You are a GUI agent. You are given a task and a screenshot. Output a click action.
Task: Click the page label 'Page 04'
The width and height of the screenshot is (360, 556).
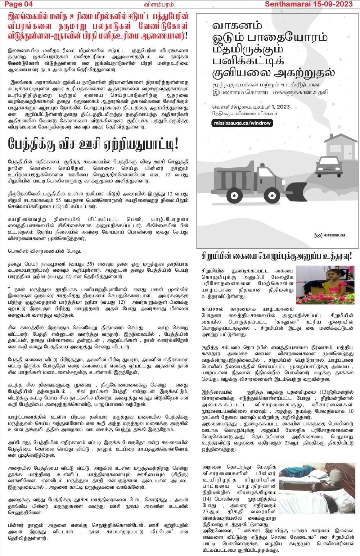pyautogui.click(x=18, y=4)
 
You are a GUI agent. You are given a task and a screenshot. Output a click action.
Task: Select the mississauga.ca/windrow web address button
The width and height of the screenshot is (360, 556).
pyautogui.click(x=242, y=123)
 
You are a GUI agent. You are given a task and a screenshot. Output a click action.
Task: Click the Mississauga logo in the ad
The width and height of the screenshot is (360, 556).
pyautogui.click(x=330, y=235)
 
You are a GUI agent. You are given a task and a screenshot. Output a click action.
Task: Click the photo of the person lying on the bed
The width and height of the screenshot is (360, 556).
pyautogui.click(x=317, y=488)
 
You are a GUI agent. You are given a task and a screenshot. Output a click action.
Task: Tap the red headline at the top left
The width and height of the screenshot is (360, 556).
pyautogui.click(x=98, y=26)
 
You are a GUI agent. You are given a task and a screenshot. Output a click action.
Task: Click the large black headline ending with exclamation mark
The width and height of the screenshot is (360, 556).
pyautogui.click(x=93, y=144)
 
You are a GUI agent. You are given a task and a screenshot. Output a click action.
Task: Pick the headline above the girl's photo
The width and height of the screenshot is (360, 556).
pyautogui.click(x=276, y=256)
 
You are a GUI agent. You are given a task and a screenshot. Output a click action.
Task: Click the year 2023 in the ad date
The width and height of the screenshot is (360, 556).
pyautogui.click(x=283, y=107)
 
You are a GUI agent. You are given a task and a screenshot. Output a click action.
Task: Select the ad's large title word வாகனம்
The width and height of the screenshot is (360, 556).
pyautogui.click(x=237, y=26)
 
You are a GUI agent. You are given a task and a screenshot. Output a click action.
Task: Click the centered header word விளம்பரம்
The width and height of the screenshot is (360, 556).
pyautogui.click(x=159, y=4)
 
